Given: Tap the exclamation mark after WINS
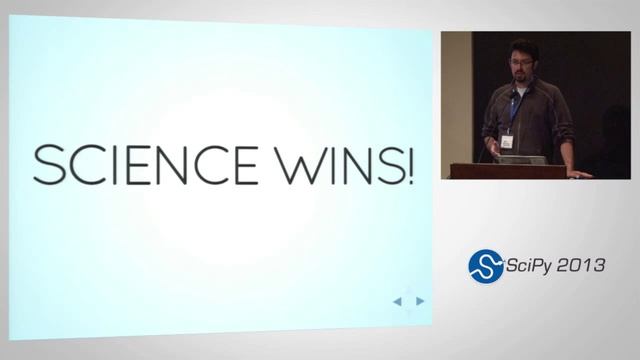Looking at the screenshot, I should click(410, 164).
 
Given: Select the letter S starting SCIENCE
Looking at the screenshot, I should click(44, 165).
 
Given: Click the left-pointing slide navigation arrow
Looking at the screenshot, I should click(397, 301).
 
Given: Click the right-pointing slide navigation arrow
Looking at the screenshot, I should click(421, 301).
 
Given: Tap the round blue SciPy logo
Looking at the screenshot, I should click(486, 266).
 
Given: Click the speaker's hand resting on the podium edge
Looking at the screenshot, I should click(579, 174).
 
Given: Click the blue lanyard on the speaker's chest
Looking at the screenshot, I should click(514, 110).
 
